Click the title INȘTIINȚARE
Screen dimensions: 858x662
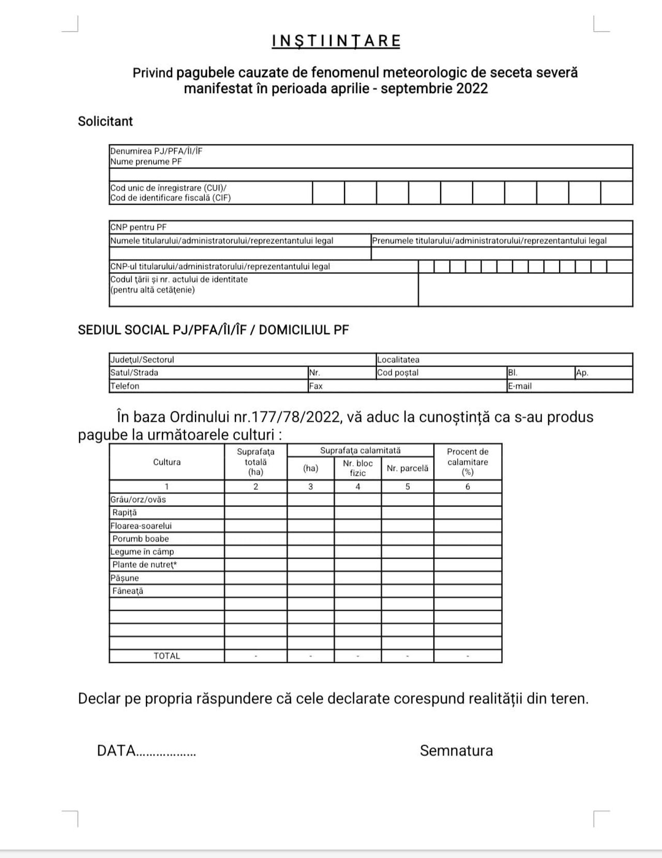[x=336, y=41]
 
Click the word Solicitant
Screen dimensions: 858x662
[x=106, y=121]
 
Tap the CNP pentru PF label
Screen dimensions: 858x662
[x=138, y=227]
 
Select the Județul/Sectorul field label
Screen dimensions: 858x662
[x=142, y=360]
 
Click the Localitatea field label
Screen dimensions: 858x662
[x=398, y=360]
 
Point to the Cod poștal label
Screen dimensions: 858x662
[x=398, y=373]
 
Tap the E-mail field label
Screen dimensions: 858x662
[x=520, y=386]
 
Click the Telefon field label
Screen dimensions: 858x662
[x=125, y=386]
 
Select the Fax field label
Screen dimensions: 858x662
[x=315, y=386]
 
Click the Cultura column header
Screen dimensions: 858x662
[x=167, y=462]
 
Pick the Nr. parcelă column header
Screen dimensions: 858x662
[x=408, y=468]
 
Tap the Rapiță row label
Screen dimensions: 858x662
[x=125, y=513]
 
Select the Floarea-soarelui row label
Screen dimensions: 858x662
[x=141, y=526]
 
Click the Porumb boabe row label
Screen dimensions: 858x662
[x=141, y=539]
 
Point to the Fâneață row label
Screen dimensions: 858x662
[x=128, y=591]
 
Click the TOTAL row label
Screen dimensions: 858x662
[x=167, y=656]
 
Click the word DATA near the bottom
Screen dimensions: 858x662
[x=116, y=751]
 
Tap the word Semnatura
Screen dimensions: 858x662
[x=456, y=751]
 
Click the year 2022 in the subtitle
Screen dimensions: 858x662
[x=472, y=88]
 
